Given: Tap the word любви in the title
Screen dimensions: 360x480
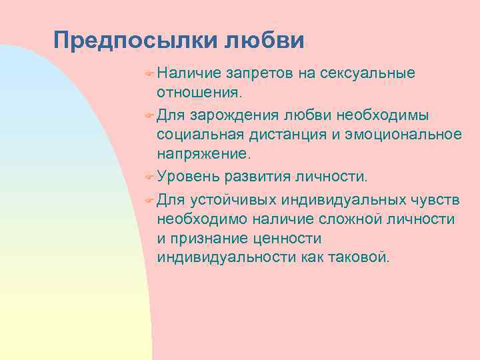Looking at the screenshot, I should (x=264, y=40).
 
